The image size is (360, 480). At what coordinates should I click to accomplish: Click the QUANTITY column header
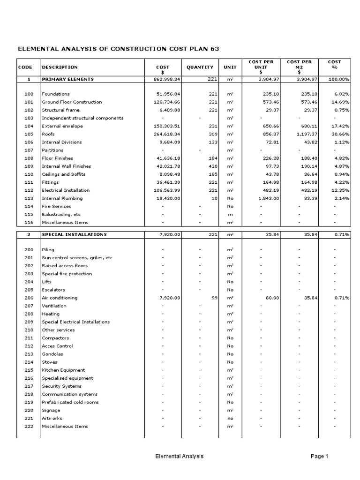pos(200,67)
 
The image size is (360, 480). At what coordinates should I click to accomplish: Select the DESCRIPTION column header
pos(60,67)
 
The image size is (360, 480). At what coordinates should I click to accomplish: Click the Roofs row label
pos(48,134)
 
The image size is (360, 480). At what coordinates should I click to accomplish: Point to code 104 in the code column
pos(29,126)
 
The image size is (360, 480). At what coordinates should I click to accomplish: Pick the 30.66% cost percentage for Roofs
pos(340,134)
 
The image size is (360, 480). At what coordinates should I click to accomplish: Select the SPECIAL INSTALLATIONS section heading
pos(74,234)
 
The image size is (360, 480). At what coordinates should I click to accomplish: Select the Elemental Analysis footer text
pos(180,456)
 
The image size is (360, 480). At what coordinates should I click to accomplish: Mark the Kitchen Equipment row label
pos(63,370)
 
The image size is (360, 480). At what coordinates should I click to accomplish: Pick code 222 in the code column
pos(29,427)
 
